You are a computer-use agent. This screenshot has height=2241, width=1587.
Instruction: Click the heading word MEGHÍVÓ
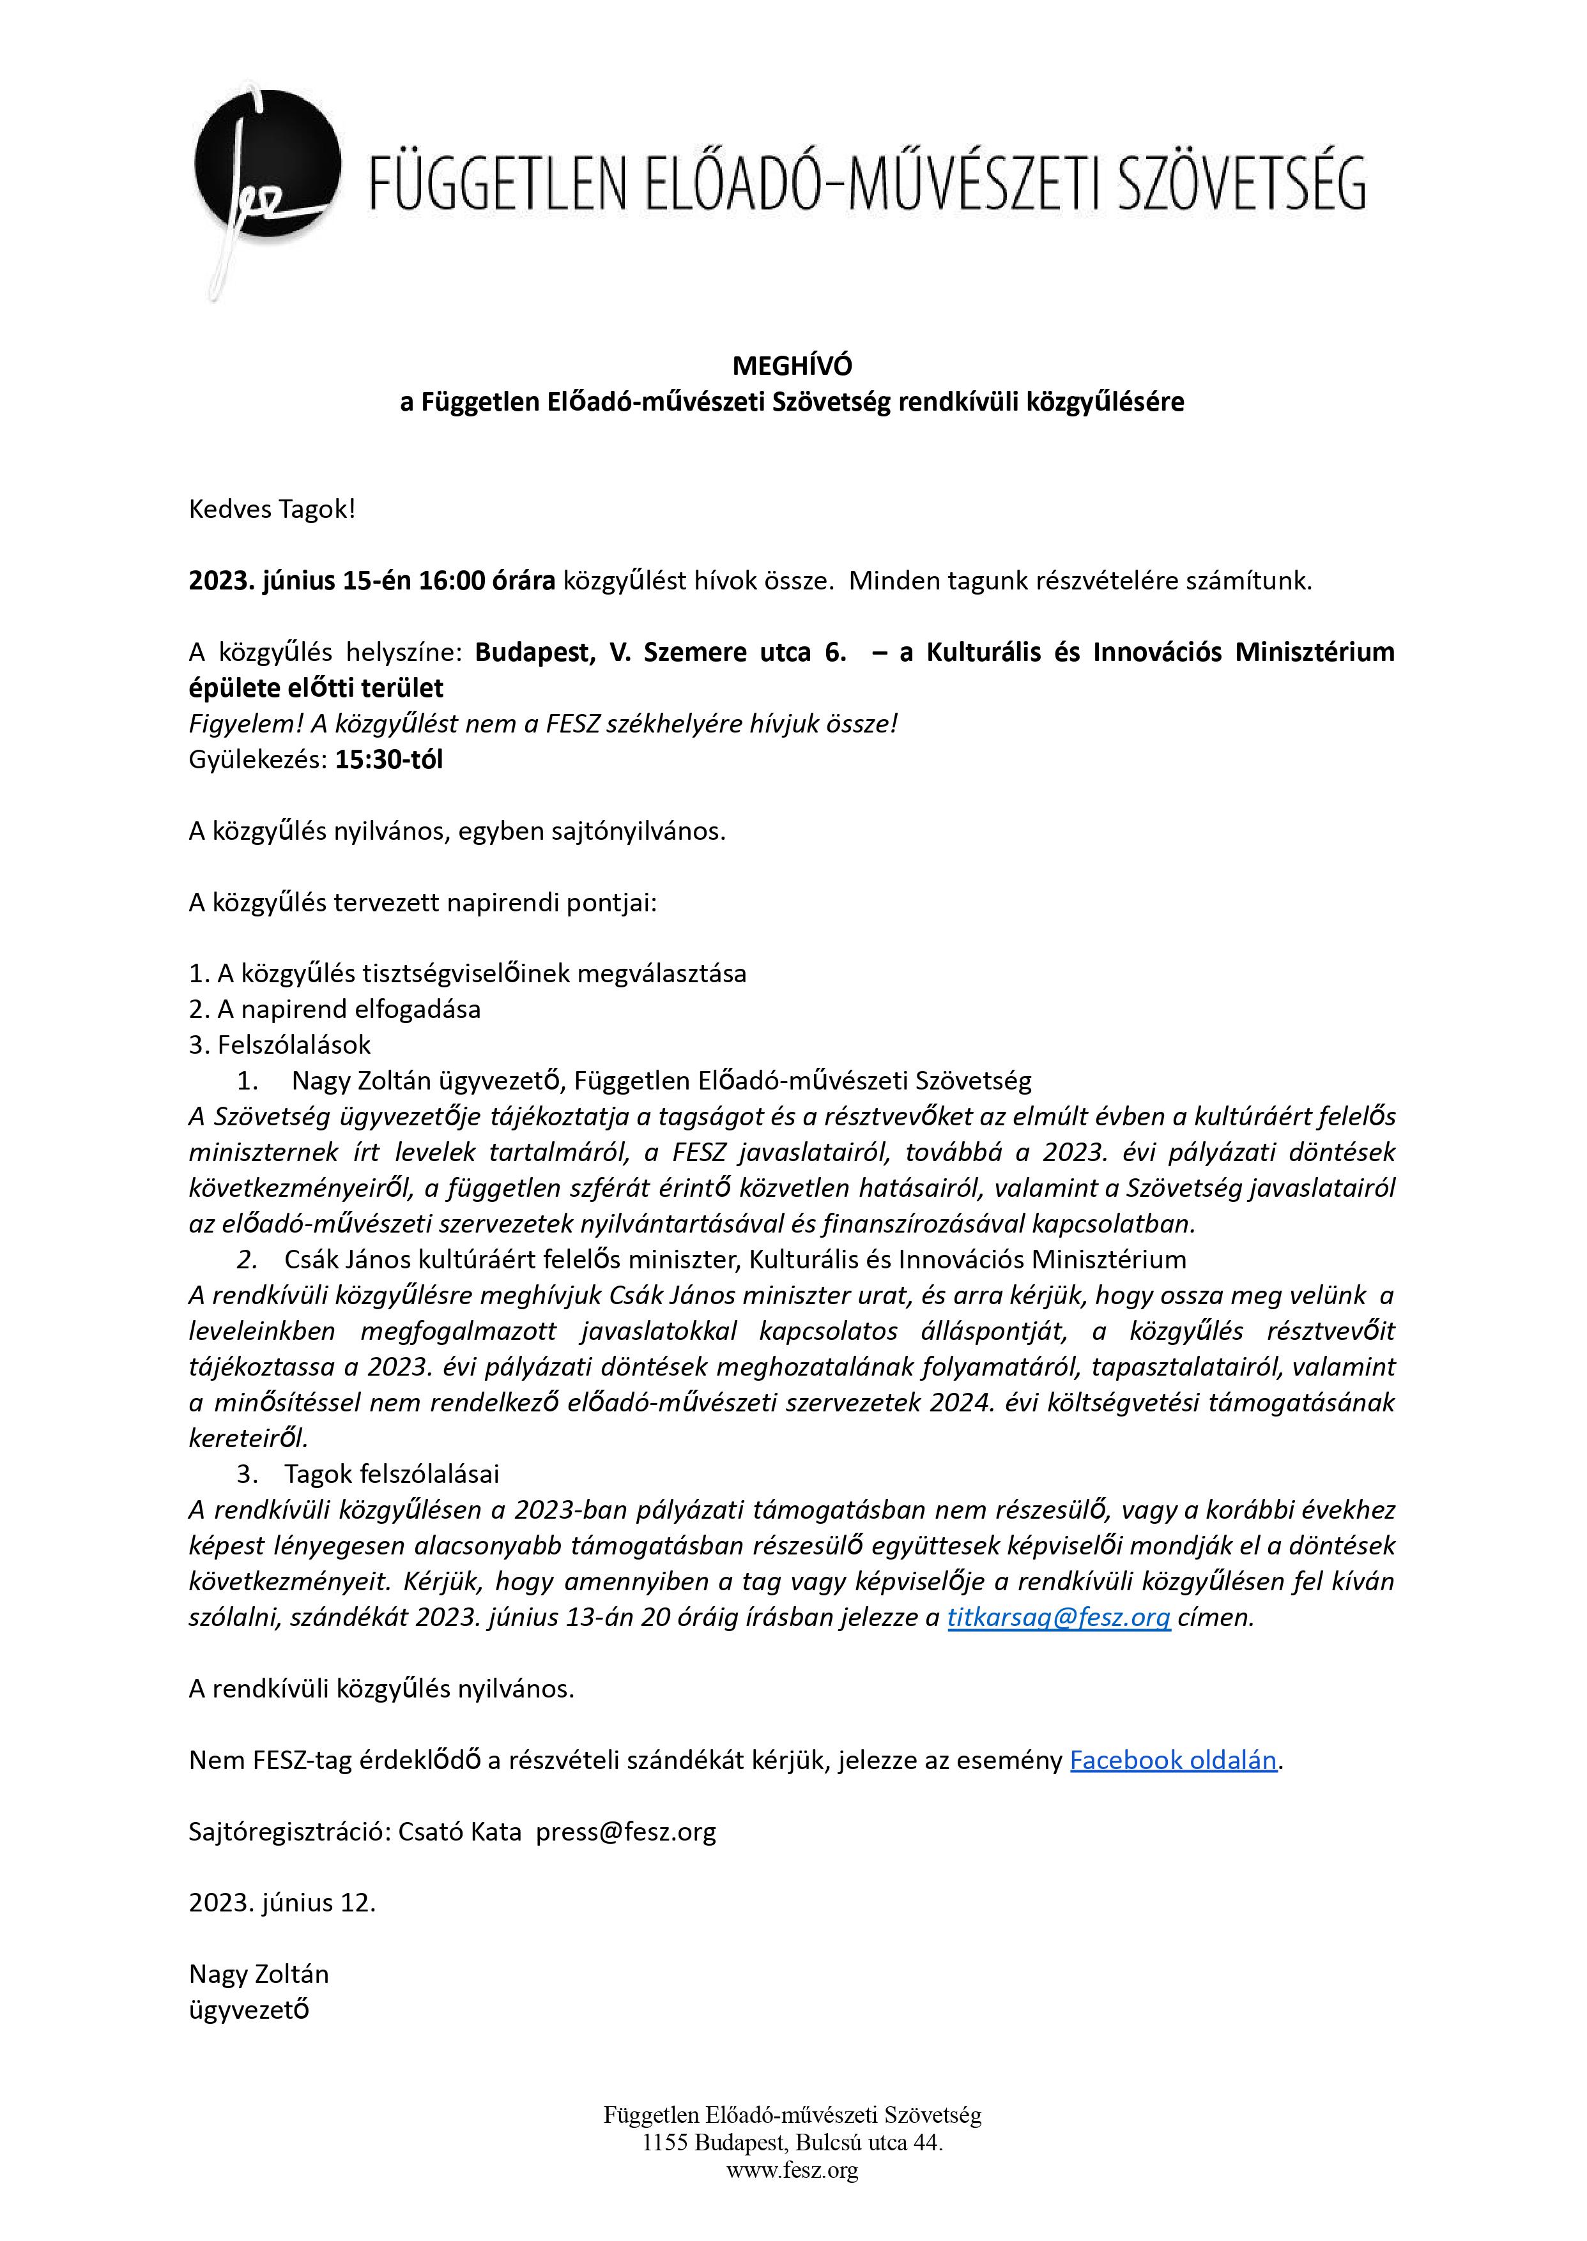point(792,365)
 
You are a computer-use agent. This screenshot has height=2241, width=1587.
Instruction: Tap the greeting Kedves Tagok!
point(272,509)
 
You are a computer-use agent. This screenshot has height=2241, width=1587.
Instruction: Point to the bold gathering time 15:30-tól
point(389,759)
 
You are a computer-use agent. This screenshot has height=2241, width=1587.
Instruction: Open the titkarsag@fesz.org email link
point(1059,1617)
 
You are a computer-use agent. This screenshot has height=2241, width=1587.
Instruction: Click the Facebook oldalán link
point(1172,1759)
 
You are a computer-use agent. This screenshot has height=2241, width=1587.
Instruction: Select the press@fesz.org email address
point(625,1831)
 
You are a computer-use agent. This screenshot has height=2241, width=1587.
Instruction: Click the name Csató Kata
point(459,1831)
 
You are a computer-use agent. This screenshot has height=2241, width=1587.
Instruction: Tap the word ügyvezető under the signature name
point(249,2009)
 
